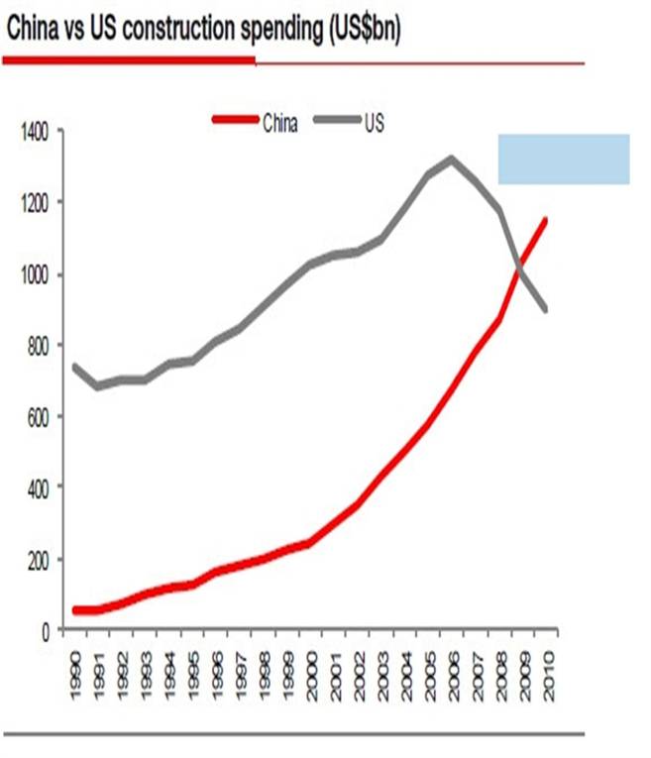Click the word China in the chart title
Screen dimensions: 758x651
coord(33,31)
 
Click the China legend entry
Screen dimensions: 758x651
coord(280,122)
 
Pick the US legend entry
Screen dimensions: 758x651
coord(374,122)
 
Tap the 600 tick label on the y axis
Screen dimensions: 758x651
coord(40,416)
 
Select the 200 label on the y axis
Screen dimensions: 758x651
coord(40,559)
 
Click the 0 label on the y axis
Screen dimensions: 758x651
coord(46,630)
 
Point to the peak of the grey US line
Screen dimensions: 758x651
coord(452,158)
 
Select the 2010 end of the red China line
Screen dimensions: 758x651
coord(544,220)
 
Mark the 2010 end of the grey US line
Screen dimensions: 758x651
coord(544,309)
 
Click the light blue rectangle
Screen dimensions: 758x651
coord(564,159)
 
